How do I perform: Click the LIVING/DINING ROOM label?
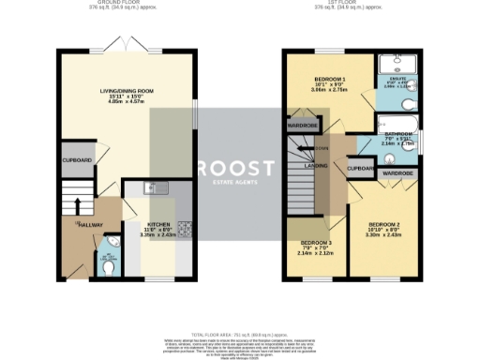pyautogui.click(x=126, y=91)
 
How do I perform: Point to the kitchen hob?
pyautogui.click(x=185, y=227)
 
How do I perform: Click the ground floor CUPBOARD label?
pyautogui.click(x=77, y=160)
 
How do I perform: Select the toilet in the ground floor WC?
pyautogui.click(x=109, y=266)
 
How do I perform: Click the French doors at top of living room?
pyautogui.click(x=126, y=46)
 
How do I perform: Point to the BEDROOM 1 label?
pyautogui.click(x=330, y=78)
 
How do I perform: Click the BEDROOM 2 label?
pyautogui.click(x=385, y=225)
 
